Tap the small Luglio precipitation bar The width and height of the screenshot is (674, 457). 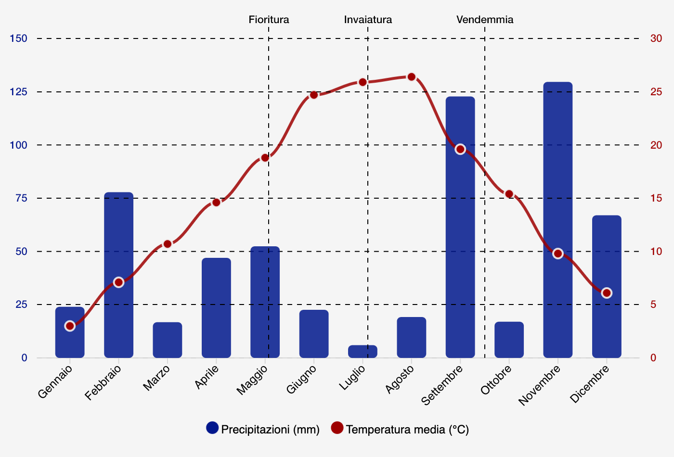point(363,352)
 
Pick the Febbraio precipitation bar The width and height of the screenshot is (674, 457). point(118,275)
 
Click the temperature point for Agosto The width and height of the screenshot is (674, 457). point(411,77)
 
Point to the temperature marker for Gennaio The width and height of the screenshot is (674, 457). point(70,326)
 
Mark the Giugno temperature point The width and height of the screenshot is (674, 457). point(314,95)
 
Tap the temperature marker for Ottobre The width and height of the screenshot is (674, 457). point(509,194)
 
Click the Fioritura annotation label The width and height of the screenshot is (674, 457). point(269,20)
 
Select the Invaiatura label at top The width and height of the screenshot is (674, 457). point(368,20)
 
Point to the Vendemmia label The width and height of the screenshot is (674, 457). point(485,20)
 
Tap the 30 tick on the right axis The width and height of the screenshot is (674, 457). point(656,38)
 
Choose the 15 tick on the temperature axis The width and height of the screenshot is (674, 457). point(656,198)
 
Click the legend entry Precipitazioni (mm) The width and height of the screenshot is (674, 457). point(270,429)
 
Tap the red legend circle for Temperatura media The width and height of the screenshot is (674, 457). point(337,428)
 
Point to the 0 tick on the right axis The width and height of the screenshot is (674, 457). point(653,358)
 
